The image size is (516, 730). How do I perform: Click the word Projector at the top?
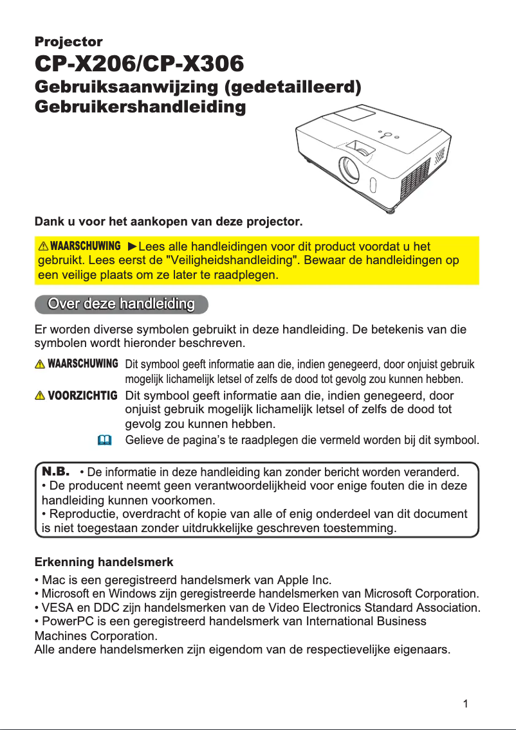[68, 42]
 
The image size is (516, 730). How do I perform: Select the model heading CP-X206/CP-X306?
[139, 64]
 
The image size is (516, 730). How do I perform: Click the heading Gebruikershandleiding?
[140, 107]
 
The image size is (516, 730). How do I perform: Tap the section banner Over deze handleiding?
[122, 304]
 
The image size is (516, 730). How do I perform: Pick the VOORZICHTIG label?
[83, 395]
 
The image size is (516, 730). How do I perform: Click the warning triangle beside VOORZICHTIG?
[42, 395]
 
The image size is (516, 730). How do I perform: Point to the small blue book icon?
[104, 440]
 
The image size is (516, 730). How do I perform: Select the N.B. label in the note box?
[55, 472]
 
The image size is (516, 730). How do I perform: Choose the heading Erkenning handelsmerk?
[104, 563]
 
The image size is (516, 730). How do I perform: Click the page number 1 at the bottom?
[465, 704]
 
